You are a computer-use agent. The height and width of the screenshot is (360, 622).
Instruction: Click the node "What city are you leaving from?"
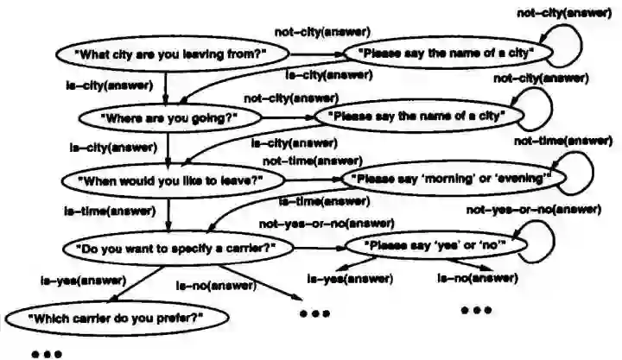pyautogui.click(x=173, y=54)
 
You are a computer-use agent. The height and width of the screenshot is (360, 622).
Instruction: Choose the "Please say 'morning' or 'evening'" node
pyautogui.click(x=447, y=179)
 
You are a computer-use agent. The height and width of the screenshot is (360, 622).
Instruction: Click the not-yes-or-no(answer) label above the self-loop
pyautogui.click(x=533, y=209)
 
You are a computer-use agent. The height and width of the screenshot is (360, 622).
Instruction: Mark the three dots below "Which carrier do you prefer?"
pyautogui.click(x=45, y=352)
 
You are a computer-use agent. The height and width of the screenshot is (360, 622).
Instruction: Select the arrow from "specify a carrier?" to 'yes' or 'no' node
pyautogui.click(x=320, y=248)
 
